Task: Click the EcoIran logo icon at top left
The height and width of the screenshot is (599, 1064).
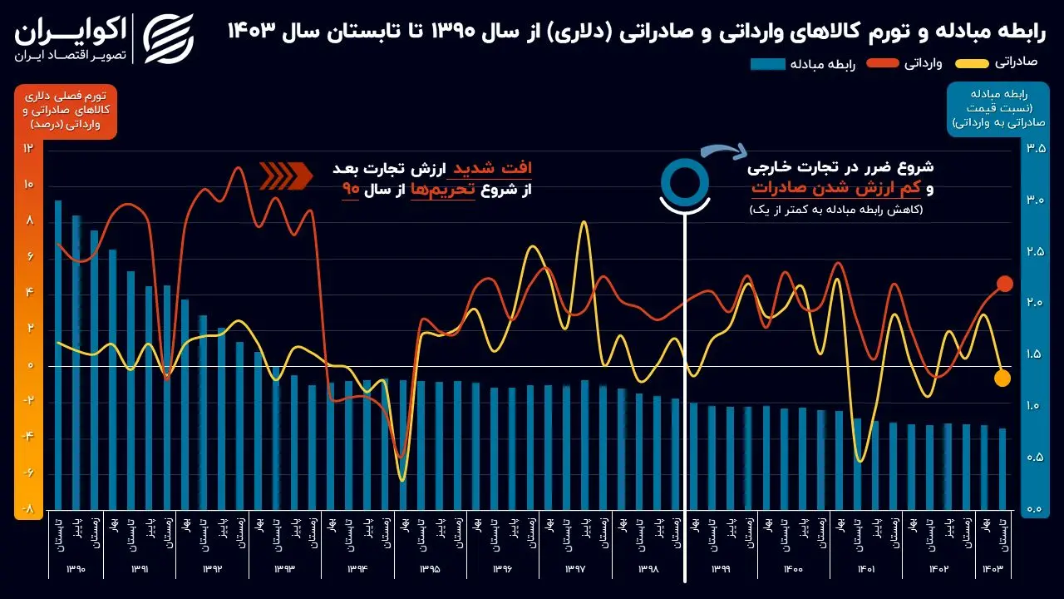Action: point(169,38)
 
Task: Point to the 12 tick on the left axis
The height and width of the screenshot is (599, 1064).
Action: point(28,148)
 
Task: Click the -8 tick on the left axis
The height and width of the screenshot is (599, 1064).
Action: point(28,509)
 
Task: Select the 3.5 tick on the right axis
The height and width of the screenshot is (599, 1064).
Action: point(1036,148)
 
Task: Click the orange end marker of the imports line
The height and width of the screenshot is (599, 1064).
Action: point(1004,284)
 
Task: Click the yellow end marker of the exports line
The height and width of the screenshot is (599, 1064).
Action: point(1002,378)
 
